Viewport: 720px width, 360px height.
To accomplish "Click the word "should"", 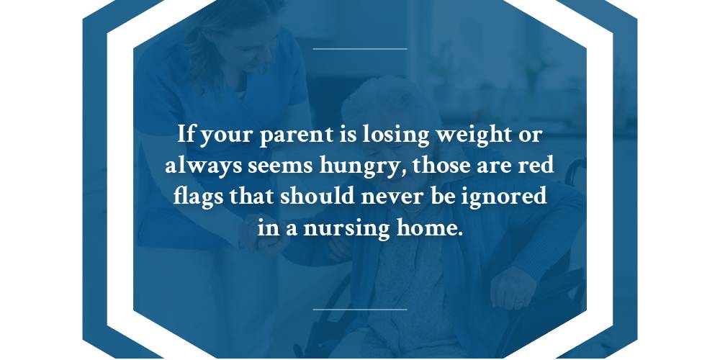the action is pos(318,197).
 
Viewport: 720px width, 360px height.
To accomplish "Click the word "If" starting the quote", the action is pos(186,135).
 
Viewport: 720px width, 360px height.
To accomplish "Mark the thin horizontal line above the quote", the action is pos(360,49).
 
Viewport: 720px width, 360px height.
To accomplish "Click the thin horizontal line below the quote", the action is pos(360,310).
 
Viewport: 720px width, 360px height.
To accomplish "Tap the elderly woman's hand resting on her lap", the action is pos(513,288).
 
